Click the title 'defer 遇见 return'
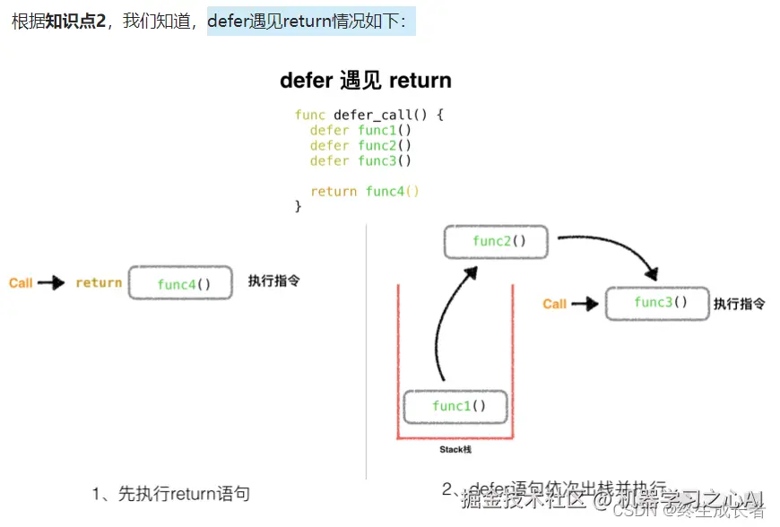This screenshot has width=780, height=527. pos(365,81)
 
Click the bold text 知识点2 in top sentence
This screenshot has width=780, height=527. pos(75,21)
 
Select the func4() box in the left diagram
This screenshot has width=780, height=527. pos(181,283)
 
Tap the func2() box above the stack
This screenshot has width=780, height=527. pos(497,242)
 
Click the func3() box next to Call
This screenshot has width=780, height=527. pos(658,303)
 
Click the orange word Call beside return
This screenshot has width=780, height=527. pos(21,283)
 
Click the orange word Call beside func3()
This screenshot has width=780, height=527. pos(554,304)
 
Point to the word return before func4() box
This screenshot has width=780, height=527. pos(99,283)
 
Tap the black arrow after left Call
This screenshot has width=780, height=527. pos(51,283)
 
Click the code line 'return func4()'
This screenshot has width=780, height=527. pos(365,191)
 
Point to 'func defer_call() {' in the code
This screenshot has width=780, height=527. pos(369,115)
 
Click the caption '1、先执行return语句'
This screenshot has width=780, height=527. pos(170,493)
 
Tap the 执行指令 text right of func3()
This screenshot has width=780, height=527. pos(740,304)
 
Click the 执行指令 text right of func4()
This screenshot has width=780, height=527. pos(273,281)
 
